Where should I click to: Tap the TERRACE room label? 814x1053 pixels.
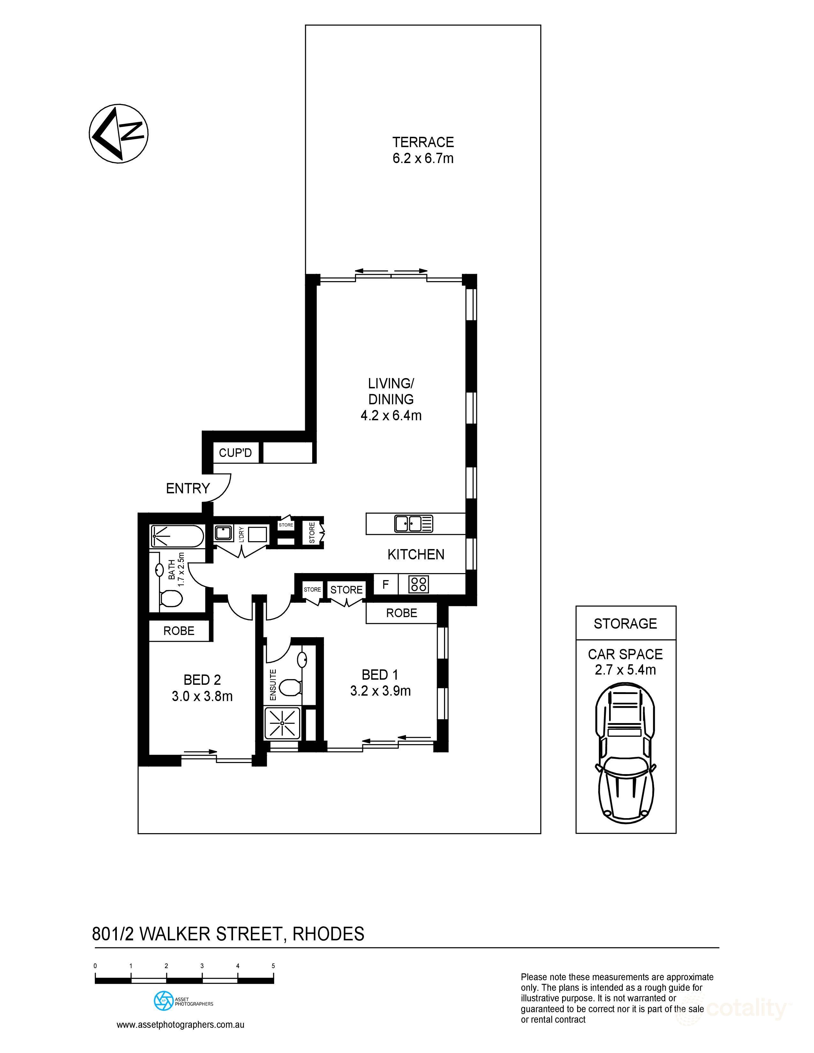tap(423, 142)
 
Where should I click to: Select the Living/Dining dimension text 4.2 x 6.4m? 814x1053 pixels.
tap(391, 415)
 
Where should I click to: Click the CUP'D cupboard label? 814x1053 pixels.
tap(235, 453)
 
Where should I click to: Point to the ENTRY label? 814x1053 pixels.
tap(188, 489)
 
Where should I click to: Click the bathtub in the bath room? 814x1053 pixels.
tap(177, 536)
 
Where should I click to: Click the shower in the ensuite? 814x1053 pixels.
tap(282, 723)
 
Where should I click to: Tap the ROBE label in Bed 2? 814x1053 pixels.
tap(179, 631)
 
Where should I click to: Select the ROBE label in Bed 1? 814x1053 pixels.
tap(401, 613)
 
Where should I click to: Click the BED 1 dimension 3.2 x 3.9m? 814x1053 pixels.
tap(381, 691)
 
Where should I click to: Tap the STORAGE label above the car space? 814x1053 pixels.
tap(625, 624)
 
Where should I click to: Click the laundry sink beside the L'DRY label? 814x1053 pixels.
tap(223, 533)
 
